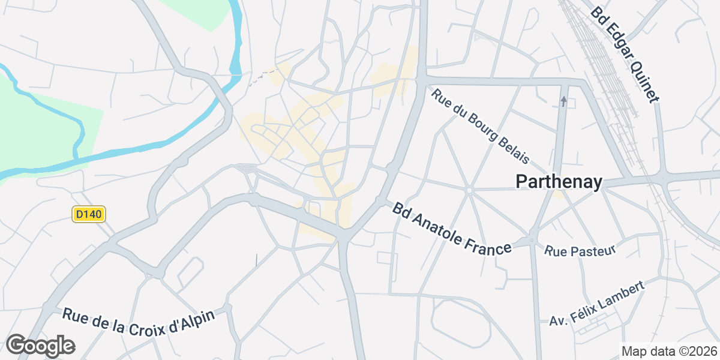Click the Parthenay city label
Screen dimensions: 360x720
[x=559, y=182]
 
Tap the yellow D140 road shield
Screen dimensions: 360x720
[x=89, y=214]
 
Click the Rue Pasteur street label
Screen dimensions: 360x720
[x=580, y=250]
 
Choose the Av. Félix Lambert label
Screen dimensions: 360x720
[x=596, y=304]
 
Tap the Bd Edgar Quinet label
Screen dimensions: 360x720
[x=625, y=54]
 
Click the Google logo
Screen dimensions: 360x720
[x=40, y=346]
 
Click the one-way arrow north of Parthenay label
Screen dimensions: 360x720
[x=563, y=100]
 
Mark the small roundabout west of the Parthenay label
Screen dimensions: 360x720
[x=469, y=190]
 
